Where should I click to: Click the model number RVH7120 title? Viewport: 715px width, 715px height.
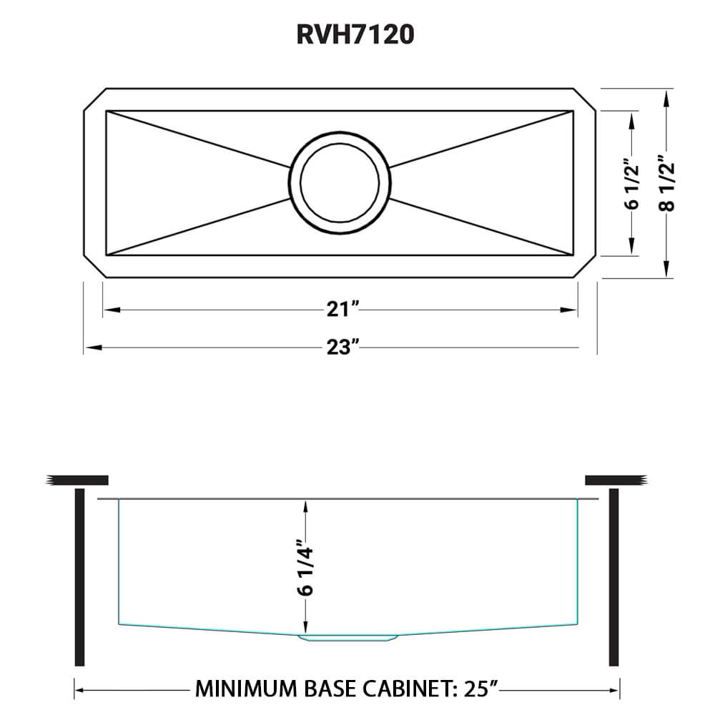(x=355, y=34)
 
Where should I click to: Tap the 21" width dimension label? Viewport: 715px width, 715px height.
(x=340, y=310)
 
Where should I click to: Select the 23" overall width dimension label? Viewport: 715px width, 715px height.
(x=340, y=347)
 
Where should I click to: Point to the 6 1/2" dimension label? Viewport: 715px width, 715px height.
(x=630, y=183)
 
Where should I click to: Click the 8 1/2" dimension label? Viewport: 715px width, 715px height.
(x=666, y=183)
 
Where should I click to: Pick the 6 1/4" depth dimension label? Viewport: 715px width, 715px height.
(x=305, y=569)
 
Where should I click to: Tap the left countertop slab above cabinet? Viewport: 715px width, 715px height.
(x=77, y=479)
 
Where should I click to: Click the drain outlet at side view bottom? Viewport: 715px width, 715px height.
(x=347, y=635)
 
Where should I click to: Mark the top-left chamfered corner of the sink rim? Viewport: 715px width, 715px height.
(x=95, y=99)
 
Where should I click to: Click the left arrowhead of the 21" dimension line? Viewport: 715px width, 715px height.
(x=109, y=310)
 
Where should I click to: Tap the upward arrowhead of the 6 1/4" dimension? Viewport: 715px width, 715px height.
(x=305, y=506)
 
